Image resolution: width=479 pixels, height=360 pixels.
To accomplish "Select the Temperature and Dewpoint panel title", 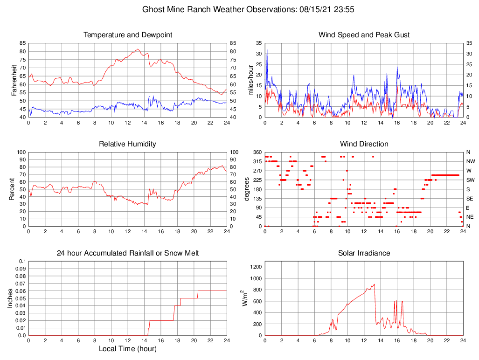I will (128, 35).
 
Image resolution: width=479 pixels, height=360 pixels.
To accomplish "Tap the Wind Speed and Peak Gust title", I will (364, 35).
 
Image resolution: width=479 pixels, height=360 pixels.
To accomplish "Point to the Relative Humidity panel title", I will (128, 144).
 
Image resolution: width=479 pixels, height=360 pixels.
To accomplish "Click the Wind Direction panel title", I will (364, 144).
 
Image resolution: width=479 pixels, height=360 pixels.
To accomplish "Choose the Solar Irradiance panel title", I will (364, 253).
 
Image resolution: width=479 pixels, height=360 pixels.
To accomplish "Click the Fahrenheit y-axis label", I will (14, 80).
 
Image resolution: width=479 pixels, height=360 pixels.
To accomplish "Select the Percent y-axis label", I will (12, 189).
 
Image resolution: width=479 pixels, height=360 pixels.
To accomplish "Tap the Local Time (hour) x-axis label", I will (128, 349).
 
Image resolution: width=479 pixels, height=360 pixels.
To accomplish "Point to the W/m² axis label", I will (244, 298).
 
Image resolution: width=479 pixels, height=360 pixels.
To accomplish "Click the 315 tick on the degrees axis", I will (257, 161).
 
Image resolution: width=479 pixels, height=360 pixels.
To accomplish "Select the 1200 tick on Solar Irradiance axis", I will (255, 267).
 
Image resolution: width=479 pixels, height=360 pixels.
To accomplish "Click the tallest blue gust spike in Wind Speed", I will (267, 48).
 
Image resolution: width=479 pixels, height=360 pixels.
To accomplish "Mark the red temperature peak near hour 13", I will (137, 49).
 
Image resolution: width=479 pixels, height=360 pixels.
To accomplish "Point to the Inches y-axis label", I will (10, 298).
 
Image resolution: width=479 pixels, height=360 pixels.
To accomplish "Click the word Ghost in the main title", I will (153, 9).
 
